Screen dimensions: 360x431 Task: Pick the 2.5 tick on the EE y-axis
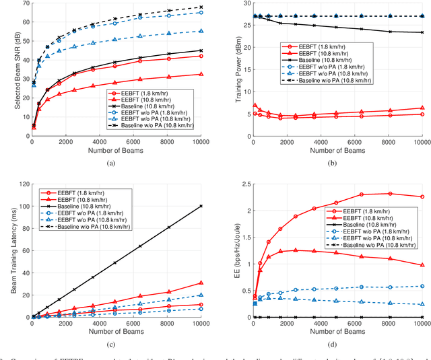coord(243,183)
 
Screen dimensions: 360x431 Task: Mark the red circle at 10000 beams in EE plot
coord(422,196)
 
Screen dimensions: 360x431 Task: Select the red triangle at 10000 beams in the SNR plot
coord(201,74)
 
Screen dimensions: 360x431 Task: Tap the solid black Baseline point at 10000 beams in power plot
coord(422,32)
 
